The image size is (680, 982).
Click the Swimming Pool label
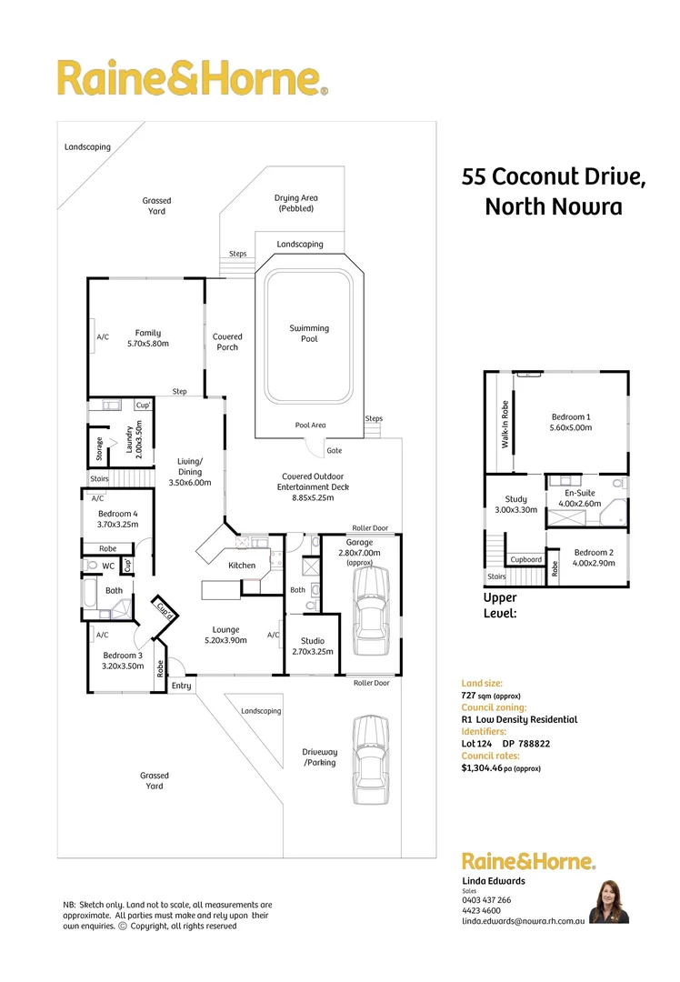pos(309,334)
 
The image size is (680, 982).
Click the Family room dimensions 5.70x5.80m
pos(147,344)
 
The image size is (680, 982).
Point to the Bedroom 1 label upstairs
pos(571,416)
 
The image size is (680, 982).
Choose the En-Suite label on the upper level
pos(579,492)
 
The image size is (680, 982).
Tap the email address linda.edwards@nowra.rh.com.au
pos(522,921)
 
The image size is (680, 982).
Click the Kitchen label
pos(242,566)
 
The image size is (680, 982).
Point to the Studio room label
pos(312,641)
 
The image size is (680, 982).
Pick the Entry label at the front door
pos(181,686)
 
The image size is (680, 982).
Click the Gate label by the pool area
pos(334,451)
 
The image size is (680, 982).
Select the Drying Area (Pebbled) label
pos(295,203)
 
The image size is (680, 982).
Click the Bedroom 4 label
pos(116,514)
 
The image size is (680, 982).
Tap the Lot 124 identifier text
pos(477,744)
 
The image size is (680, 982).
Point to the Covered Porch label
pos(227,342)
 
